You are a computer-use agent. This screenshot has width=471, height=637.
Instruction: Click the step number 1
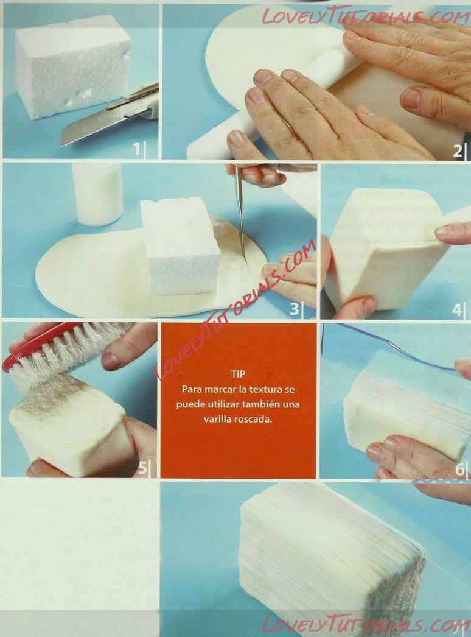138,149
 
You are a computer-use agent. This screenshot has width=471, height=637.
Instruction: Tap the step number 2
457,150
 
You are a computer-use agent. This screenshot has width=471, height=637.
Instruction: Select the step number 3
293,309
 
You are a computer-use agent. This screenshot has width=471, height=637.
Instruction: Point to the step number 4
456,309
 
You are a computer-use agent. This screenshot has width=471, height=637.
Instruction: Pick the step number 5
142,468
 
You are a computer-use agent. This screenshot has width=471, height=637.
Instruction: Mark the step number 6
459,469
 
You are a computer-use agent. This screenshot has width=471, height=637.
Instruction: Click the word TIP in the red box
238,374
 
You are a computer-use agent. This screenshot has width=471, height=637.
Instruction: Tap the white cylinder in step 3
97,194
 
